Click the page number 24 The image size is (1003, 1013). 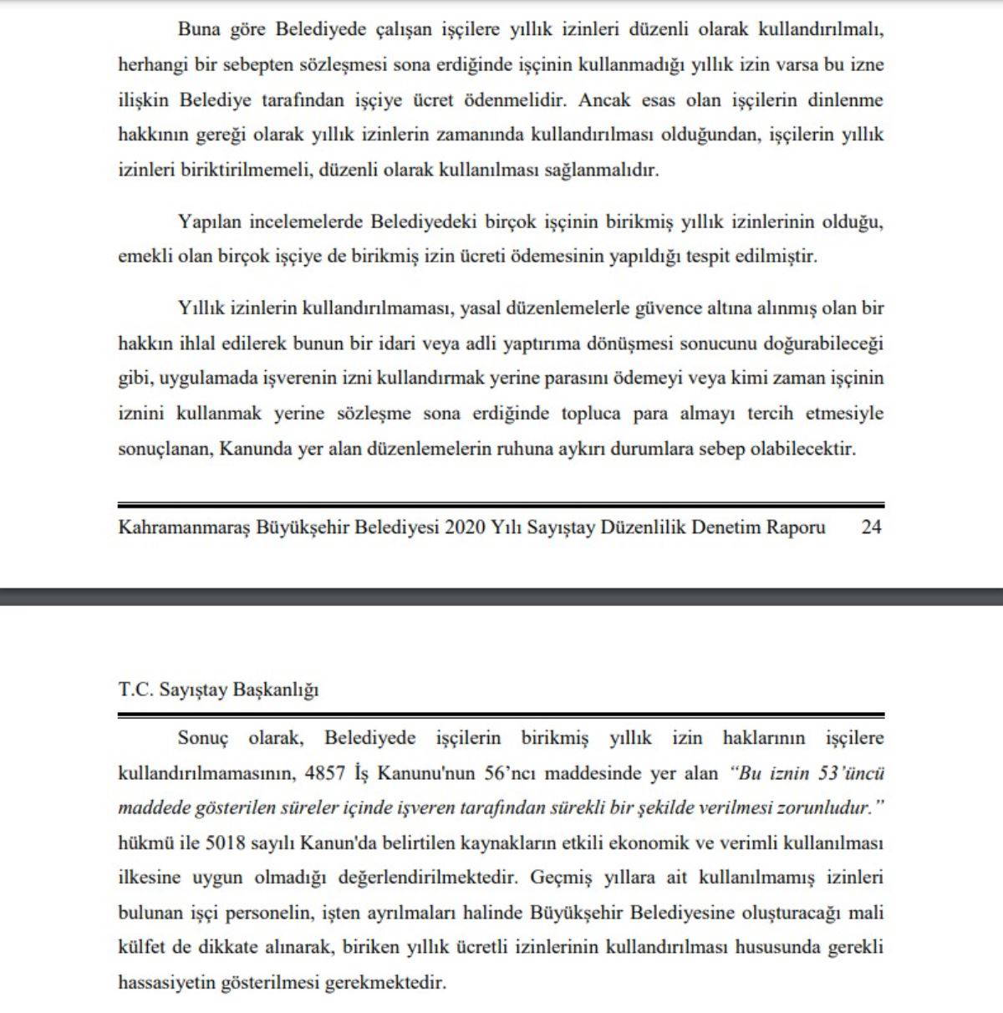tap(871, 527)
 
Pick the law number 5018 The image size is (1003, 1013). tap(227, 842)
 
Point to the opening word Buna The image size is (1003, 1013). tap(199, 30)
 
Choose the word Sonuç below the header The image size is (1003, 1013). tap(203, 738)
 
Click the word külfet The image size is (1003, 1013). tap(142, 948)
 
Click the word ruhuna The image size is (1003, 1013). tap(525, 449)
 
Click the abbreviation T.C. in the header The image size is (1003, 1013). tap(134, 690)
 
